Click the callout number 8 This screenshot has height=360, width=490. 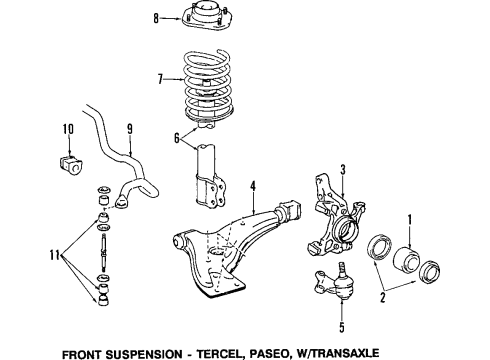pyautogui.click(x=156, y=18)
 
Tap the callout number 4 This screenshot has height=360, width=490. pyautogui.click(x=254, y=185)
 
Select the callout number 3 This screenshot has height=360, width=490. pyautogui.click(x=342, y=170)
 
